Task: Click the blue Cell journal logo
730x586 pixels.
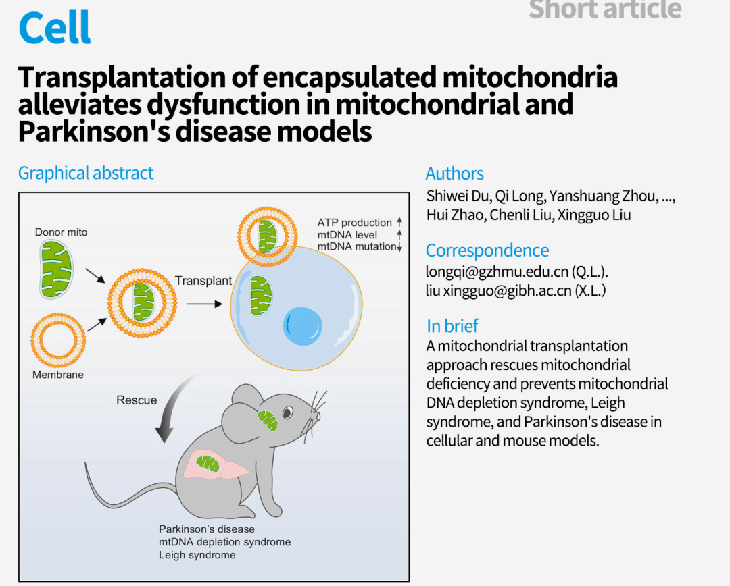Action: tap(55, 27)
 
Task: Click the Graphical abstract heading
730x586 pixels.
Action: tap(86, 173)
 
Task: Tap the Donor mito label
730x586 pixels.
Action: tap(61, 232)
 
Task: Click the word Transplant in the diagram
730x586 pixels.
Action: tap(203, 280)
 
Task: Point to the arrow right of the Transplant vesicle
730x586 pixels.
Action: tap(204, 304)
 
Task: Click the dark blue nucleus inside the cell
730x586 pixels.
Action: tap(303, 326)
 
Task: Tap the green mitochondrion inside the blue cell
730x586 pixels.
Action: tap(260, 296)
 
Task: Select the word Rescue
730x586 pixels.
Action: tap(137, 400)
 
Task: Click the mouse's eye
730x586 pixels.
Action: tap(288, 412)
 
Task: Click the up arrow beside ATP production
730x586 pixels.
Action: tap(399, 222)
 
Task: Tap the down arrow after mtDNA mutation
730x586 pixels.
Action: tap(399, 247)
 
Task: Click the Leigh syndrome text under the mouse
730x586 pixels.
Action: tap(197, 555)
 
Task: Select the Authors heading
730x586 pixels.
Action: tap(454, 174)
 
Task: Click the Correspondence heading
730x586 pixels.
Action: tap(487, 250)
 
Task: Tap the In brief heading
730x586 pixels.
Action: tap(452, 326)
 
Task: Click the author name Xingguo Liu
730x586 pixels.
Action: tap(595, 215)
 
